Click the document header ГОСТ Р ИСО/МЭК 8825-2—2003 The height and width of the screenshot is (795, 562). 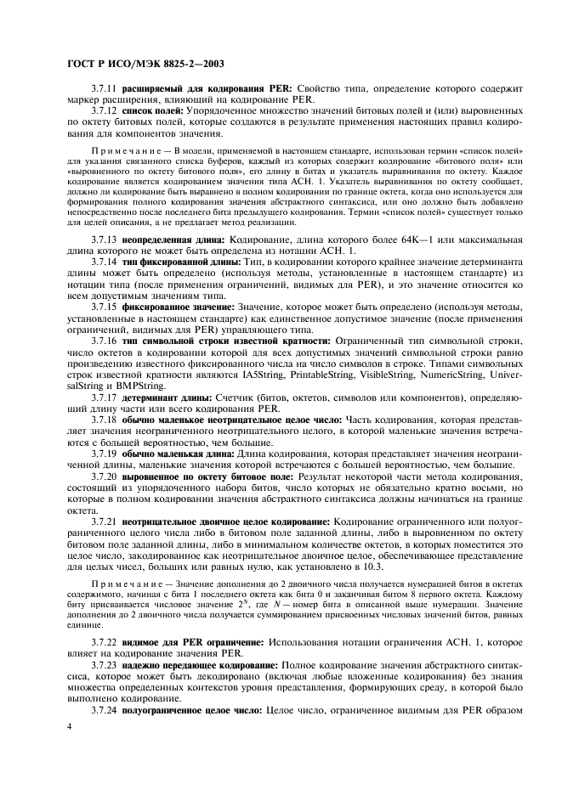136,65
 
